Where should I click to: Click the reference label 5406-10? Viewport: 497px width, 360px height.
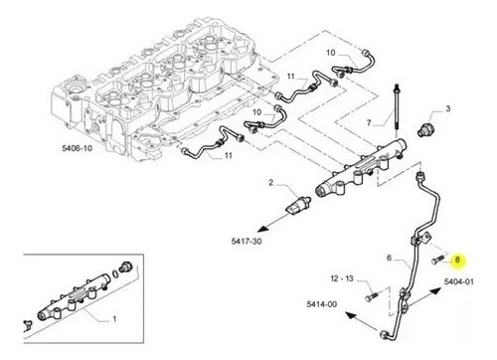(77, 148)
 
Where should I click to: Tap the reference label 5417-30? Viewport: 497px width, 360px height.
(247, 241)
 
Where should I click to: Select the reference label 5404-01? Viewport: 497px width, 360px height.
(458, 281)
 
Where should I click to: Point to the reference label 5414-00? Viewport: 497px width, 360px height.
(322, 304)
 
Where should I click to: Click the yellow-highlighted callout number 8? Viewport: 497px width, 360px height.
(457, 260)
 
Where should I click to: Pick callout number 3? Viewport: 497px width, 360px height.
(448, 108)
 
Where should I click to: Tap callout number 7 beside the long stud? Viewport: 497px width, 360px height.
(369, 122)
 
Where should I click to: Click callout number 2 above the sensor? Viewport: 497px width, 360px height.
(271, 182)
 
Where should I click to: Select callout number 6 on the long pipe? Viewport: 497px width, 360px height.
(389, 258)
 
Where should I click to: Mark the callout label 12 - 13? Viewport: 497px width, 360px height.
(342, 278)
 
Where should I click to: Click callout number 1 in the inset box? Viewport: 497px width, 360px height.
(114, 319)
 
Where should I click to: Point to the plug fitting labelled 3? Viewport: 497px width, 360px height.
(424, 129)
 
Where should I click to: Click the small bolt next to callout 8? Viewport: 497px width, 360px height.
(437, 260)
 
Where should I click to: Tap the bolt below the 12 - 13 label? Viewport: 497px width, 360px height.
(371, 297)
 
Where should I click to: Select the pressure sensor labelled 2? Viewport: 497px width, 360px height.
(298, 206)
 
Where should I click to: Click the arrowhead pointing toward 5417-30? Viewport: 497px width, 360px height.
(263, 228)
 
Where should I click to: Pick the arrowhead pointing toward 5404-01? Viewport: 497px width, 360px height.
(435, 291)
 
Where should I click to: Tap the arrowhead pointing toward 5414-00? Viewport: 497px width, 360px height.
(351, 315)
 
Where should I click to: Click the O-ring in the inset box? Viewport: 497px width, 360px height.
(114, 273)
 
